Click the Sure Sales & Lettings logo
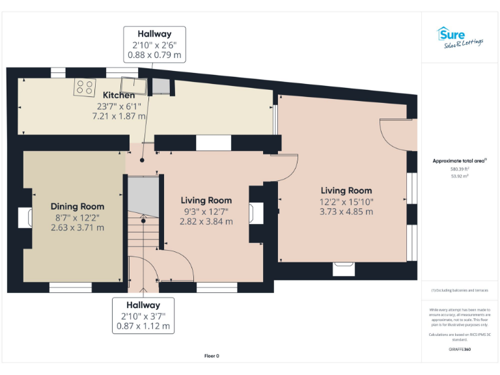pos(460,37)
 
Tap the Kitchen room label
pos(118,96)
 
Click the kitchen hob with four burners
pos(84,87)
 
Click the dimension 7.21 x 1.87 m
pos(118,116)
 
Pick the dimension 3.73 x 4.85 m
pos(346,212)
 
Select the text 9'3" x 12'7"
pos(206,211)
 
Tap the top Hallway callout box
pos(154,44)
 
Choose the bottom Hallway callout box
pos(143,315)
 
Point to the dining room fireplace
pos(27,217)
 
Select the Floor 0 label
pos(212,356)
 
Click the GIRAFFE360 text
pos(460,350)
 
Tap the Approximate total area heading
pos(460,160)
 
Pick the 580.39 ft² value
pos(460,169)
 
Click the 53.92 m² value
pos(460,176)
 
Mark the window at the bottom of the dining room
pos(70,287)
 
